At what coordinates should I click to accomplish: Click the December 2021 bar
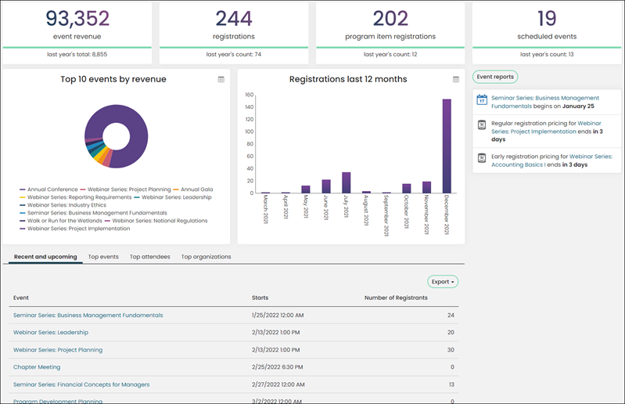(447, 146)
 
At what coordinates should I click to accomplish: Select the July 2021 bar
(347, 182)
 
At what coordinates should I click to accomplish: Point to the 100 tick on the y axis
(249, 132)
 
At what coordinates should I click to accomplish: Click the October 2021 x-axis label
(406, 211)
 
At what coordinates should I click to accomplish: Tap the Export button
(443, 282)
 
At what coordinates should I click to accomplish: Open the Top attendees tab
(150, 257)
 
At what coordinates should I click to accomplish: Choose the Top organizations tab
(206, 257)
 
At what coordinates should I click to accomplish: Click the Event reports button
(495, 77)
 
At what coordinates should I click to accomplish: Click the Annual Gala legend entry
(193, 189)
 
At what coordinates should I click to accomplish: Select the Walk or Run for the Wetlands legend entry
(61, 221)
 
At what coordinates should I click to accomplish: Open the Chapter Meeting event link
(37, 367)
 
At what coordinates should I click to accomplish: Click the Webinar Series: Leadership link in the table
(51, 332)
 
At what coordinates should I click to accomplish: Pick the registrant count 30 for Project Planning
(451, 350)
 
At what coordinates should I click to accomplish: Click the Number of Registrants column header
(396, 298)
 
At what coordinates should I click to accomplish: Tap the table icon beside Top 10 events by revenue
(221, 79)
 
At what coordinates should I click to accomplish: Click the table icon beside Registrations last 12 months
(456, 79)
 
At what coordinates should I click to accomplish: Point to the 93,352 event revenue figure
(77, 18)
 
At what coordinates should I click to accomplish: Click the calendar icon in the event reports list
(482, 99)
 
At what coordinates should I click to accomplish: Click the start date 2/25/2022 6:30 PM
(278, 367)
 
